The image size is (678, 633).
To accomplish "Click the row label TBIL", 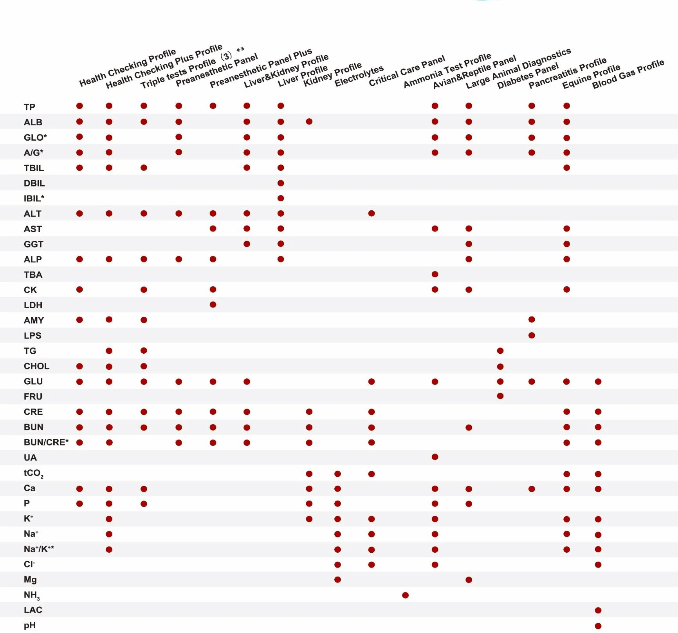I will (x=34, y=168).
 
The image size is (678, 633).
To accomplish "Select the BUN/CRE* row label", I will (x=46, y=442).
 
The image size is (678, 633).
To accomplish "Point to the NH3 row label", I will (x=32, y=595).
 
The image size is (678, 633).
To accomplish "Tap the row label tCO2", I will (x=33, y=473).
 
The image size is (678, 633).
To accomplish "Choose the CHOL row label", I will (x=36, y=366).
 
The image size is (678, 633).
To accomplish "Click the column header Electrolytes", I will (x=359, y=76).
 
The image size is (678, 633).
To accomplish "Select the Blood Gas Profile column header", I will (x=628, y=74).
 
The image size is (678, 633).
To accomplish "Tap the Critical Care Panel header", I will (x=407, y=71).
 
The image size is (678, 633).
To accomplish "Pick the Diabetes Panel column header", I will (x=528, y=76).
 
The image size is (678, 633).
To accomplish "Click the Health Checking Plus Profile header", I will (x=164, y=67).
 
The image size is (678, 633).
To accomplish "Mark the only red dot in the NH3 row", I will (x=405, y=595).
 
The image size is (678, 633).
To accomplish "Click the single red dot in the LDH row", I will (x=213, y=304).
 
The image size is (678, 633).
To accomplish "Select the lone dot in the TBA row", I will (x=435, y=274).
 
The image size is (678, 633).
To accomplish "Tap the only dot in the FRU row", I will (x=500, y=396).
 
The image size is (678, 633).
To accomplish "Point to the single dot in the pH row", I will (x=598, y=626).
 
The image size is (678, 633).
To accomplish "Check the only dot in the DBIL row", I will (x=281, y=183).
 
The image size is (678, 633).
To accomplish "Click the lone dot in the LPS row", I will (x=532, y=335).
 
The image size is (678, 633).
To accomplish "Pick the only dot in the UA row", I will (x=435, y=457).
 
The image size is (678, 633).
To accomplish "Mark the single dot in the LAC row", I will (x=598, y=610).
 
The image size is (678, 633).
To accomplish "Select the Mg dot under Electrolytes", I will (x=337, y=579).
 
